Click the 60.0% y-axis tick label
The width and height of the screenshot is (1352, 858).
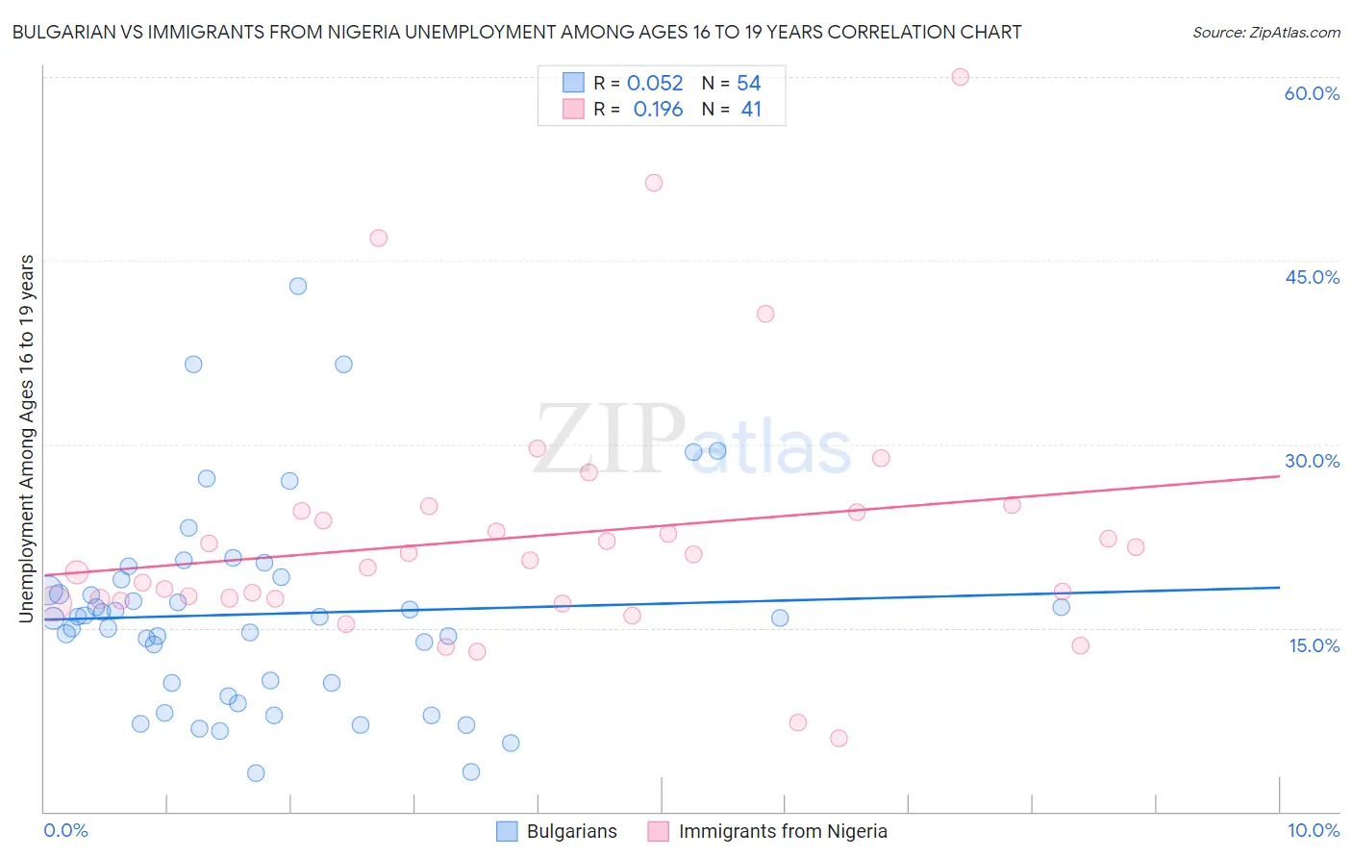click(x=1312, y=93)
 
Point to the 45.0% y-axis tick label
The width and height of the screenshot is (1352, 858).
click(x=1312, y=277)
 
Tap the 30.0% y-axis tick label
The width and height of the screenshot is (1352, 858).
click(x=1312, y=461)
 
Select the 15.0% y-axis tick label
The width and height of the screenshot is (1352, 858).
click(x=1314, y=645)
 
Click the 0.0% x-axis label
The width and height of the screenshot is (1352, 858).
click(x=65, y=830)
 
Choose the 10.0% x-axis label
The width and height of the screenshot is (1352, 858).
click(x=1313, y=830)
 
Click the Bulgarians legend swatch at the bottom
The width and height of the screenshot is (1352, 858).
click(x=507, y=831)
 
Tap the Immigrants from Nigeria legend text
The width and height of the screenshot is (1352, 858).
click(x=783, y=831)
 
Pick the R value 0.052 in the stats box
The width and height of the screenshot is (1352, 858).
click(x=655, y=84)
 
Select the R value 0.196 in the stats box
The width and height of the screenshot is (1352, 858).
click(x=658, y=110)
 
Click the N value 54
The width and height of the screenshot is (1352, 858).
click(x=749, y=84)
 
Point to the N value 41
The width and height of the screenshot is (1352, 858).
click(x=751, y=110)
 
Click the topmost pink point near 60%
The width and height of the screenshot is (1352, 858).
click(x=960, y=77)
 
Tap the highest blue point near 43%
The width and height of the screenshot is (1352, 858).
click(x=298, y=286)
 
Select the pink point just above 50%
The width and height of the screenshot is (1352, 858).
click(x=654, y=183)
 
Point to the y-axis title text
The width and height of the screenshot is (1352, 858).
click(x=27, y=439)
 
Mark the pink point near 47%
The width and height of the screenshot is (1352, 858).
click(x=378, y=238)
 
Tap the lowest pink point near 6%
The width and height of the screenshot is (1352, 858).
click(x=839, y=738)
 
